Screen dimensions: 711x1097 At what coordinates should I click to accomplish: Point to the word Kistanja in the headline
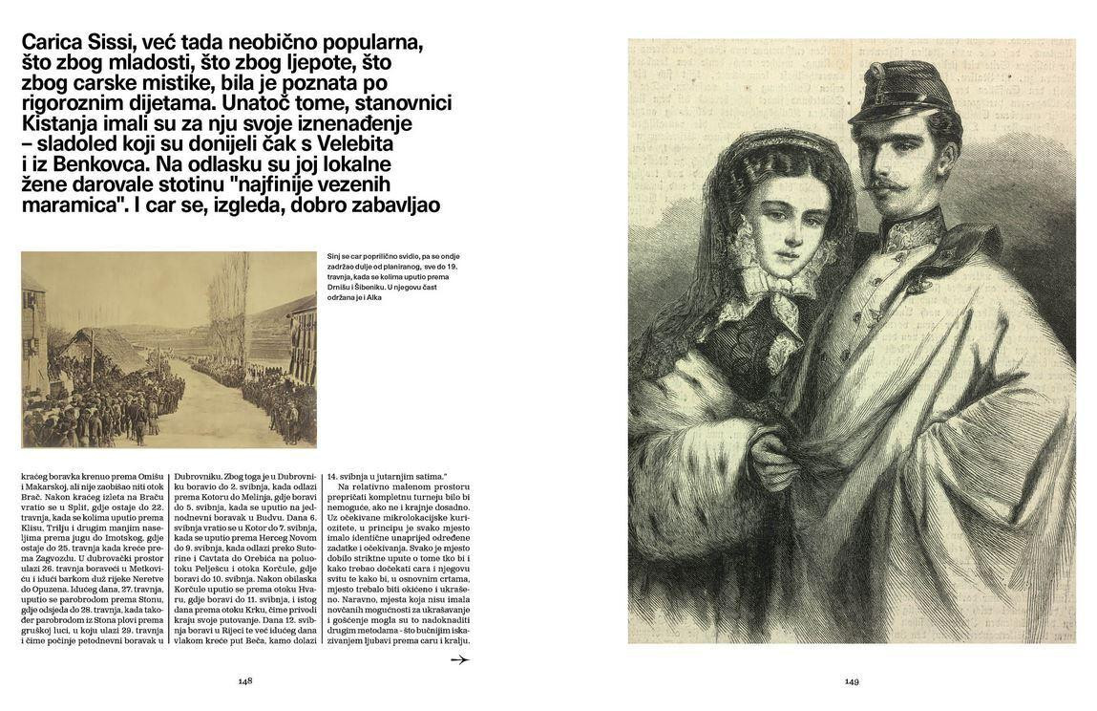(x=61, y=123)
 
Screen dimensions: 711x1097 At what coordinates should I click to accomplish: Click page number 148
(x=245, y=681)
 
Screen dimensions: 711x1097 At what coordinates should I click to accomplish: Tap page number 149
(x=852, y=681)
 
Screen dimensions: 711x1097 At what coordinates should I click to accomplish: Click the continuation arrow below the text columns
(x=459, y=659)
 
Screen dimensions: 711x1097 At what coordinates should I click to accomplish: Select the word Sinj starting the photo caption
(x=334, y=256)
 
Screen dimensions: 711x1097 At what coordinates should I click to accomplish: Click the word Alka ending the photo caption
(x=373, y=297)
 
